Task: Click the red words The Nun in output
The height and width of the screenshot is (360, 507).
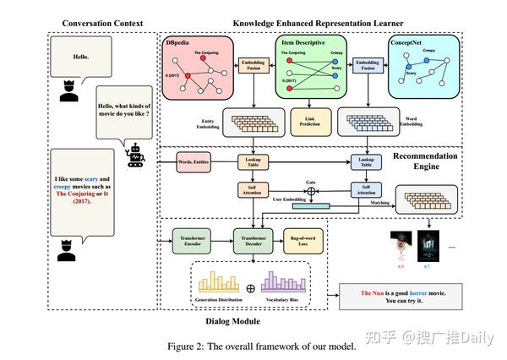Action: [373, 293]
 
